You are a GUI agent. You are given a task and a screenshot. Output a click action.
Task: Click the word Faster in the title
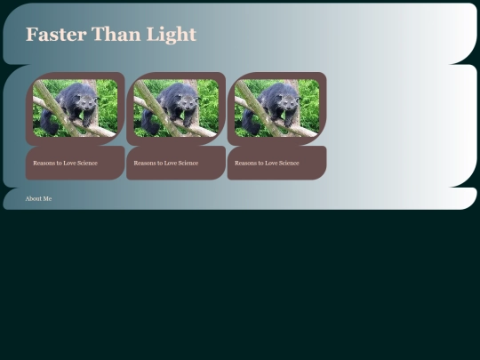[55, 35]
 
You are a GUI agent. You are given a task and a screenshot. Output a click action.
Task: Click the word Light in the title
[170, 35]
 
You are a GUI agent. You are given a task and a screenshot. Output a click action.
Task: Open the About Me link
[38, 198]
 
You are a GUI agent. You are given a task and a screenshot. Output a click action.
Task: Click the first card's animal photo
[75, 108]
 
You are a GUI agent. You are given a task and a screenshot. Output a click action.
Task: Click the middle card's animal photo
[176, 108]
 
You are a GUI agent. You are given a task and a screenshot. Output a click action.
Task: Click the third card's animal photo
[276, 108]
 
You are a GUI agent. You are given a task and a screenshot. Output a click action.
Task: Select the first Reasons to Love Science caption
[65, 163]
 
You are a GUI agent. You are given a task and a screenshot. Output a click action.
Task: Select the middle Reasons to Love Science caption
[165, 163]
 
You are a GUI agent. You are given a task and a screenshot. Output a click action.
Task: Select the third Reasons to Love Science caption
[267, 163]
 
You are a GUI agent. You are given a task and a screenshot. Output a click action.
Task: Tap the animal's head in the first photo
[85, 96]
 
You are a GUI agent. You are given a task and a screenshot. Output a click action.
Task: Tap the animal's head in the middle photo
[187, 96]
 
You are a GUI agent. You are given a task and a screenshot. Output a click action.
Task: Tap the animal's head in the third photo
[287, 96]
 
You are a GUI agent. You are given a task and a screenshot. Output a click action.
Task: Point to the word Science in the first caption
[87, 163]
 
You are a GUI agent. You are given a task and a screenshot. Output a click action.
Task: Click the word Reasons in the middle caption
[144, 163]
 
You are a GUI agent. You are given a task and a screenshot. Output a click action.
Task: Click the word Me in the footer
[47, 198]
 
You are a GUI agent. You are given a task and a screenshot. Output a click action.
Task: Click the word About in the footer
[34, 198]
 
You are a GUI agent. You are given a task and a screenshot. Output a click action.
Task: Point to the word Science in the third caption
[289, 163]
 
